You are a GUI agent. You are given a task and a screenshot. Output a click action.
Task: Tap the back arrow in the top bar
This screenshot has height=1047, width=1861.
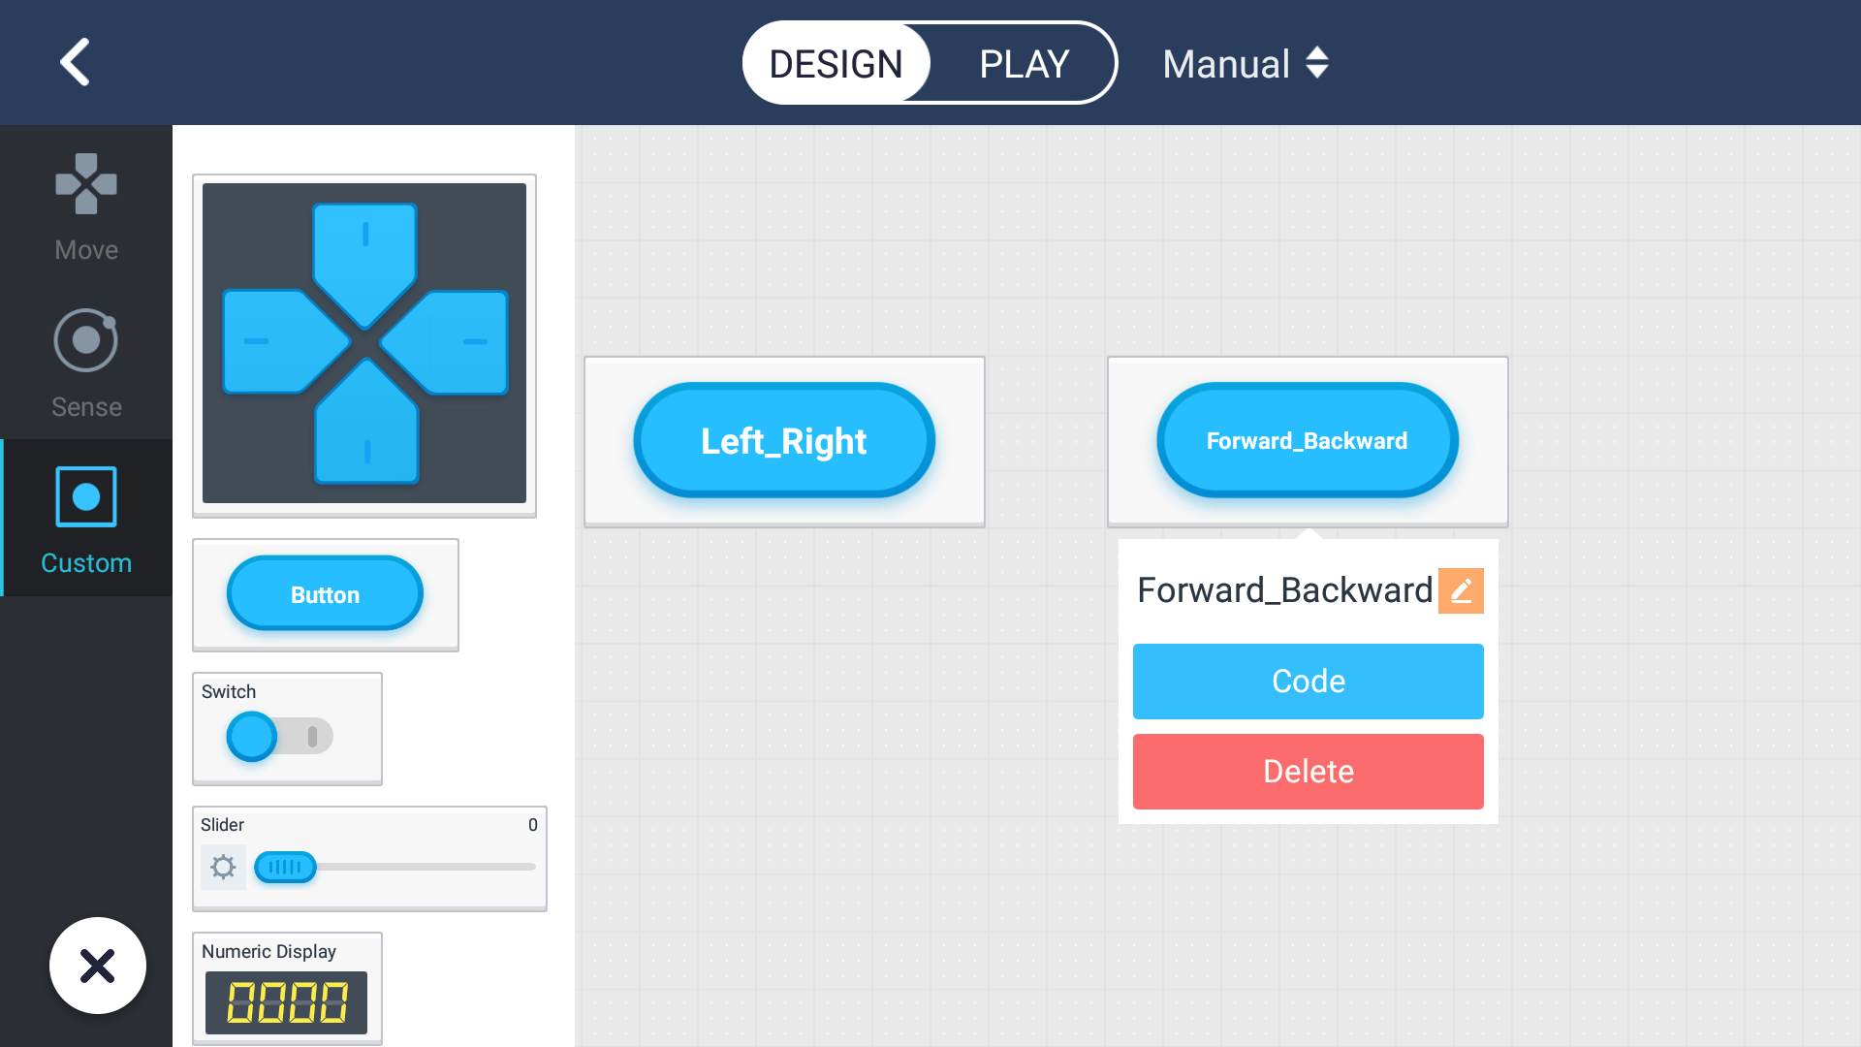click(x=75, y=62)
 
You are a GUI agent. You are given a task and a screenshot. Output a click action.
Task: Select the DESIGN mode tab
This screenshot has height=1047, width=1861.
click(x=836, y=64)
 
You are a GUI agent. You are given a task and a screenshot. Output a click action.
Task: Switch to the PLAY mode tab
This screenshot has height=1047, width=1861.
click(x=1024, y=64)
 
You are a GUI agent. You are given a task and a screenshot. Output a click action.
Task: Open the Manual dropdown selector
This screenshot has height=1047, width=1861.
click(x=1246, y=64)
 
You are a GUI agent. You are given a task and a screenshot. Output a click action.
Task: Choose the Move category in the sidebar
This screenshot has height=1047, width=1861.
click(x=86, y=206)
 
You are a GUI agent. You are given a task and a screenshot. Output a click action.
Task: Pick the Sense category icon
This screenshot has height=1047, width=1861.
click(x=86, y=341)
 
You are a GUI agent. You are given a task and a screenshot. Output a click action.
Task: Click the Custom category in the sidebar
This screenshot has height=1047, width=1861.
click(x=86, y=520)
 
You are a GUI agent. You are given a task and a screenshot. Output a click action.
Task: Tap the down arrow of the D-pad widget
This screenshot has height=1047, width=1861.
click(x=366, y=425)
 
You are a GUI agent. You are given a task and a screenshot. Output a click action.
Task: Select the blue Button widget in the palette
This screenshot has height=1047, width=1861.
click(x=325, y=593)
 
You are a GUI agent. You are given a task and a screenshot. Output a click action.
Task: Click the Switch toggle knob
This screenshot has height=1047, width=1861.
click(x=252, y=737)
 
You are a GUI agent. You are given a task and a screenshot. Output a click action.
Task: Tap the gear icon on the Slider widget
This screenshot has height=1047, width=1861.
click(x=223, y=867)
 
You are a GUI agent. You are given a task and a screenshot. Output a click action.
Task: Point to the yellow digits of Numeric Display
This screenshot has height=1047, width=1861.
click(x=287, y=1002)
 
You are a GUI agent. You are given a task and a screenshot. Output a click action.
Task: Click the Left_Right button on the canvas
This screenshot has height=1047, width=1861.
click(x=784, y=441)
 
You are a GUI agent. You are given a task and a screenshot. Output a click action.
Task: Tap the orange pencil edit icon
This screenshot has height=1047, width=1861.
click(x=1461, y=590)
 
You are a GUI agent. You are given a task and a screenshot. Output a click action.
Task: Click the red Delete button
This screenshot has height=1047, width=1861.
click(x=1308, y=772)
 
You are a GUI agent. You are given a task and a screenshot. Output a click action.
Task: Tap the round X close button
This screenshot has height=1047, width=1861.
click(x=98, y=966)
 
